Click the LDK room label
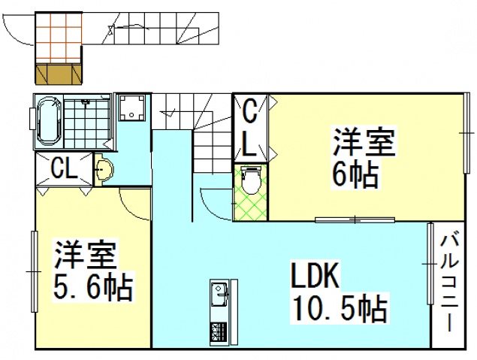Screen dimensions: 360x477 pyautogui.click(x=316, y=277)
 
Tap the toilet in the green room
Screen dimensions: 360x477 pyautogui.click(x=250, y=180)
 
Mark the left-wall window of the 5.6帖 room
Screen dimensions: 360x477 pyautogui.click(x=34, y=271)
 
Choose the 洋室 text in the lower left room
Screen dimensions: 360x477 pyautogui.click(x=83, y=256)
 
